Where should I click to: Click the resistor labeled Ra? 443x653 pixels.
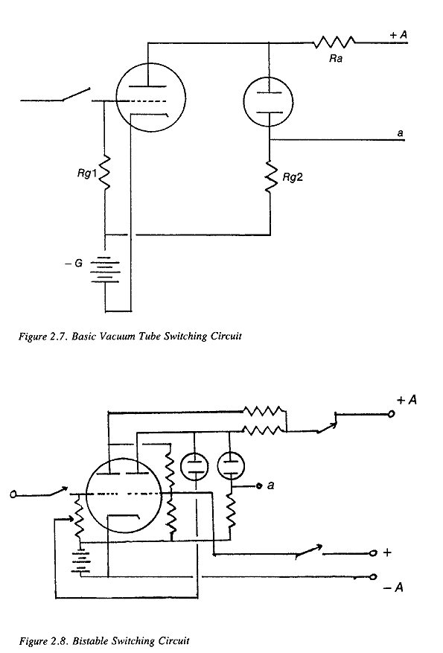(334, 42)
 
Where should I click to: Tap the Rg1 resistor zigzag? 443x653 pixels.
(104, 173)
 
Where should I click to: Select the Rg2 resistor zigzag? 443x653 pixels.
(271, 177)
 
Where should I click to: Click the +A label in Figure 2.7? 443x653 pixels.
(398, 35)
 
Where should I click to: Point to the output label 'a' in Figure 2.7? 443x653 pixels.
(400, 133)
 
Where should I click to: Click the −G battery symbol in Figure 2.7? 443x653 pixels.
(105, 270)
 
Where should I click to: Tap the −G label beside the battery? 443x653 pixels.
(74, 263)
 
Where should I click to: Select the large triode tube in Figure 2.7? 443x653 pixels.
(150, 98)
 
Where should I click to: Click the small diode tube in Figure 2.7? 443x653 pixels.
(269, 101)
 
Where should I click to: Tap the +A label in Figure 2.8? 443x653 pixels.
(407, 400)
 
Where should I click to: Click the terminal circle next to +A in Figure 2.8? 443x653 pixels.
(391, 414)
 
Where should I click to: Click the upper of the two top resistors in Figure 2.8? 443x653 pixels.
(264, 412)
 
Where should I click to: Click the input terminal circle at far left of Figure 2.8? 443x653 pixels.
(13, 494)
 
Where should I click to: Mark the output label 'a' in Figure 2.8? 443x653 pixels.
(270, 485)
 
